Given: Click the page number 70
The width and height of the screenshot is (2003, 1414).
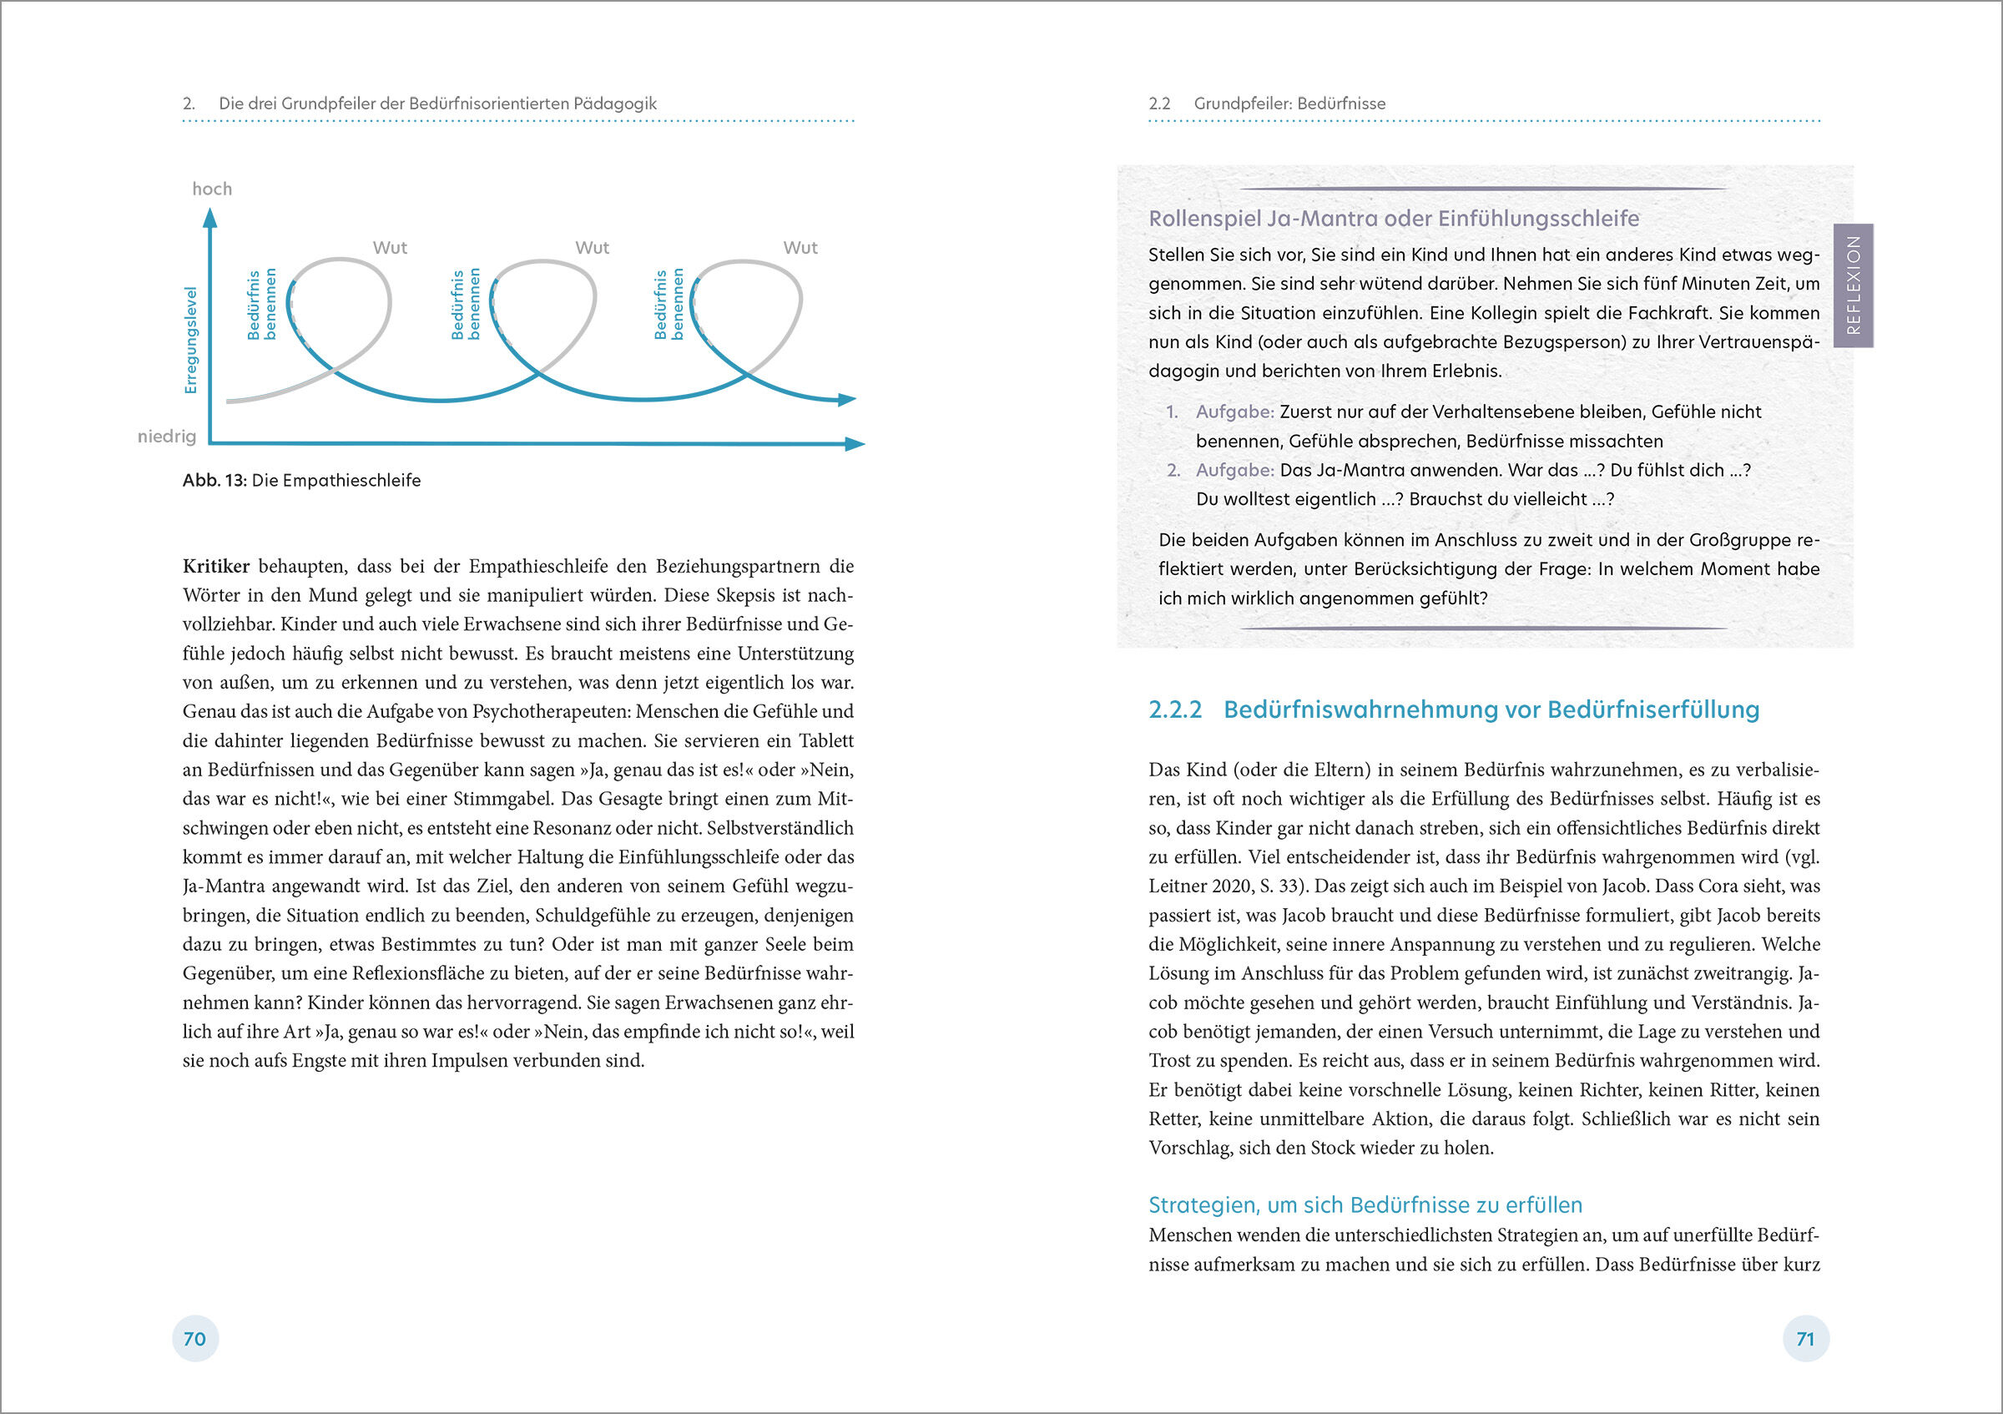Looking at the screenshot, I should click(x=194, y=1339).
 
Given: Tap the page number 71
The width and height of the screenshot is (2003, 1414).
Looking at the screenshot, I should click(x=1805, y=1339).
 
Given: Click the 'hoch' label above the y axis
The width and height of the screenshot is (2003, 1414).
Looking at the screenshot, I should click(x=212, y=189).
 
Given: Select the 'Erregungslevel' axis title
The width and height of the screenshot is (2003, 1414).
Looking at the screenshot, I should click(x=191, y=341).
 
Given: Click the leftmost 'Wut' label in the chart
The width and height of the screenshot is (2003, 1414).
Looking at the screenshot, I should click(x=390, y=248).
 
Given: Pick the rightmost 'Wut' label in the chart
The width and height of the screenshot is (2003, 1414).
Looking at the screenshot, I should click(x=800, y=248).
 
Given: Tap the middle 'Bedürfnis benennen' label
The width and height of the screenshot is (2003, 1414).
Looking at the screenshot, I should click(x=466, y=304).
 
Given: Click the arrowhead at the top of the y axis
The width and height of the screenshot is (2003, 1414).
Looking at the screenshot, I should click(x=209, y=218).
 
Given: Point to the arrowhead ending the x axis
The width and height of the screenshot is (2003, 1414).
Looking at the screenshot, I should click(x=855, y=444).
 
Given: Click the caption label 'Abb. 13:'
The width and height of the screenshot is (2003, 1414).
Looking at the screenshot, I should click(x=214, y=481).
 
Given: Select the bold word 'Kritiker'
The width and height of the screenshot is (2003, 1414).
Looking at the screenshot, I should click(x=215, y=566).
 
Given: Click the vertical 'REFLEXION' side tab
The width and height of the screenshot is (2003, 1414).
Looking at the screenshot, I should click(x=1853, y=285).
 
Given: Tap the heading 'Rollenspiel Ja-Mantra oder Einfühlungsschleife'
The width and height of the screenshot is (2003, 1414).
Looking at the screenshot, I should click(x=1393, y=219).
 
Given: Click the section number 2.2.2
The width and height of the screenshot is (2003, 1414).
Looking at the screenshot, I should click(x=1175, y=710).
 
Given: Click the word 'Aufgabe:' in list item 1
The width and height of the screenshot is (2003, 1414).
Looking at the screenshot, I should click(x=1234, y=412).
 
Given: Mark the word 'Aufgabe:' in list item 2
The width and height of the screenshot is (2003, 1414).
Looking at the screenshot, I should click(x=1234, y=470).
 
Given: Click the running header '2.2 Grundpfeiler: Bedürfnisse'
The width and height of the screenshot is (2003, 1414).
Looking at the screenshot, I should click(x=1267, y=104).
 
